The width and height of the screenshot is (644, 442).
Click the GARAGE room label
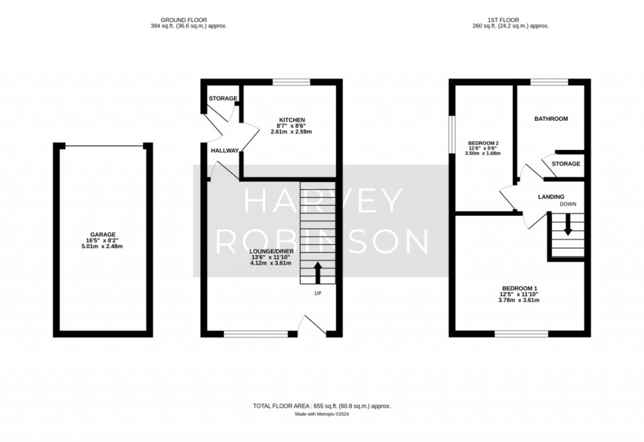[x=103, y=235]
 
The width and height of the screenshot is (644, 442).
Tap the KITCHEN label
[x=292, y=120]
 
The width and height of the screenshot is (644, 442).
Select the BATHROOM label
[x=551, y=119]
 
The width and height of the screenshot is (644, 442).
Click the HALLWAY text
[x=225, y=151]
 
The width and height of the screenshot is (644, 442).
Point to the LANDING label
[x=551, y=197]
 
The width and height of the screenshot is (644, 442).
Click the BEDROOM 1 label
[x=519, y=288]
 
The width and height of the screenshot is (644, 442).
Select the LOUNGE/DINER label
[x=272, y=251]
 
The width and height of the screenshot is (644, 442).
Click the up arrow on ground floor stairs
[x=318, y=273]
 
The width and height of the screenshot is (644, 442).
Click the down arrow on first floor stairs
[x=568, y=225]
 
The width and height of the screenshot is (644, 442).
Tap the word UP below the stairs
[x=318, y=293]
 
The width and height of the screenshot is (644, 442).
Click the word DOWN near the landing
[x=568, y=205]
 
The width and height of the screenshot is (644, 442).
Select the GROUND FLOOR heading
[x=184, y=20]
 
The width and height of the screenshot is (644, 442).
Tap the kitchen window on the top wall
[x=292, y=82]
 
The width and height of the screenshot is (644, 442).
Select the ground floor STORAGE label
[x=223, y=99]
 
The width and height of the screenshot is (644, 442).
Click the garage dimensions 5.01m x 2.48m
[x=103, y=247]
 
